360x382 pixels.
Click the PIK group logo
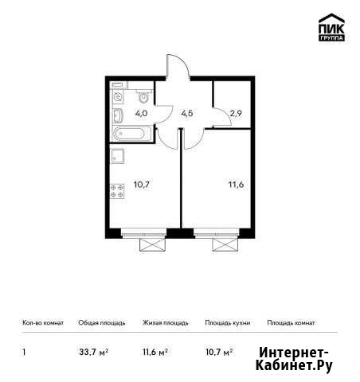tap(331, 27)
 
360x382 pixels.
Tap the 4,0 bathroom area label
tap(141, 114)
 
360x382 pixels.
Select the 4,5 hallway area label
tap(187, 114)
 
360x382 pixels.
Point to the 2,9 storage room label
tap(236, 114)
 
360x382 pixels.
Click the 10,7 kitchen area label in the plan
tap(142, 185)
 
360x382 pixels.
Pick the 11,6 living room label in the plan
tap(236, 185)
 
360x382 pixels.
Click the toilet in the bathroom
tap(144, 95)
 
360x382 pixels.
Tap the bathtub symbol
tap(132, 134)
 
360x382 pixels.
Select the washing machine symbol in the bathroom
tap(118, 97)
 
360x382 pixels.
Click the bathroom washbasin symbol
tap(118, 116)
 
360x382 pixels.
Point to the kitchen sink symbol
tap(118, 156)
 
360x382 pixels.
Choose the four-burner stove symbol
tap(117, 191)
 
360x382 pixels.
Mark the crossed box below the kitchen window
tap(153, 244)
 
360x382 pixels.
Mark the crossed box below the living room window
tap(225, 244)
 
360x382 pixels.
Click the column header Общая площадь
tap(102, 323)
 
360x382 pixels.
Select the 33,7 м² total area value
tap(94, 352)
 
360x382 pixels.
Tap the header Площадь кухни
tap(228, 323)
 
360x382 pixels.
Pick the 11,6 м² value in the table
tap(155, 352)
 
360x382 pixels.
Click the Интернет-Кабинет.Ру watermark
tap(294, 359)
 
